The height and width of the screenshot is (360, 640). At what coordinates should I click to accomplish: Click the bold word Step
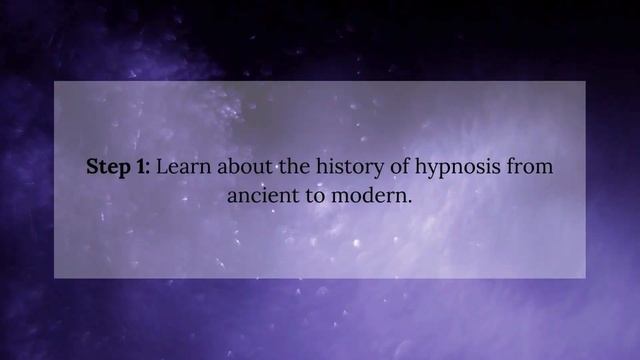click(108, 167)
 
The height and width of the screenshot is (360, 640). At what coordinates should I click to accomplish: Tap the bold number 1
click(141, 167)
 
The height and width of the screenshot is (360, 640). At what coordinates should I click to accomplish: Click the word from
click(531, 167)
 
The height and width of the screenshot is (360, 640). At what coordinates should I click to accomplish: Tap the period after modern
click(410, 200)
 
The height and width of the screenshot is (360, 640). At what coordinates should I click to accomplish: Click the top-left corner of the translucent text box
click(54, 82)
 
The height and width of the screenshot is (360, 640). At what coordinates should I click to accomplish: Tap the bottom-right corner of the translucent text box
click(585, 277)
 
